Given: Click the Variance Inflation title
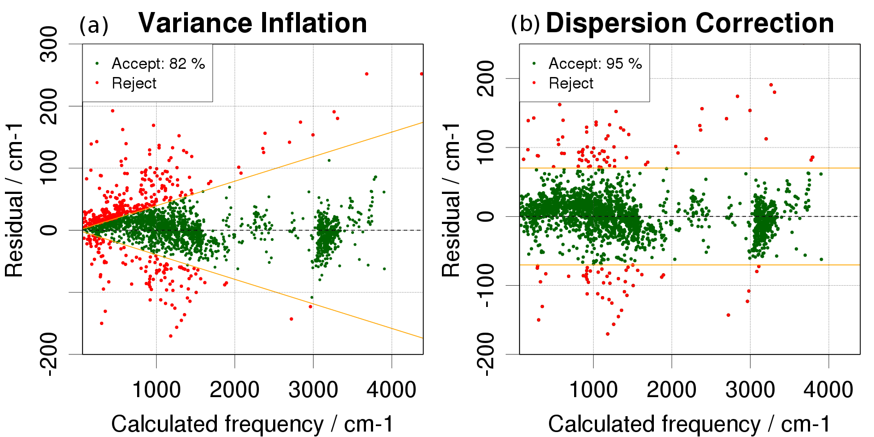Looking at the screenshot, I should point(252,23).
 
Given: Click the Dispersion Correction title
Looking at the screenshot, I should point(689,23).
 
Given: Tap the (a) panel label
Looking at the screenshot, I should point(94,25).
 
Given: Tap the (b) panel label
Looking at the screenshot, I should point(525,23).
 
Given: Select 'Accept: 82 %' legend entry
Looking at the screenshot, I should point(158,64).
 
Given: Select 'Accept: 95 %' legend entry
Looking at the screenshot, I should point(595,64).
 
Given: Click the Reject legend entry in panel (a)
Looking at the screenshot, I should point(134,84).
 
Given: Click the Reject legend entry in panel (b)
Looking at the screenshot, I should point(571,84).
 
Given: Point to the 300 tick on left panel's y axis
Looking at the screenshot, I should point(49,44).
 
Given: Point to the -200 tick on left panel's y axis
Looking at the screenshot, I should point(49,354).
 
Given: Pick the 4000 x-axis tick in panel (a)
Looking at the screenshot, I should point(391,390).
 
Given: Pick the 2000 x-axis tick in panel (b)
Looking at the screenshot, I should point(671,390).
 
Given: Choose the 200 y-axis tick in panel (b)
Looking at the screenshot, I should point(486,79).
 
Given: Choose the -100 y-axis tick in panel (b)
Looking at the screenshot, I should point(486,285).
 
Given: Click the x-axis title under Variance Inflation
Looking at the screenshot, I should point(252,424).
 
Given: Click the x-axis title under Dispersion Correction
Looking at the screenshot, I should point(689,424).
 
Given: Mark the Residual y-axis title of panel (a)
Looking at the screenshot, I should point(15,199).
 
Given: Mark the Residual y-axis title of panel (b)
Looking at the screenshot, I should point(452,199).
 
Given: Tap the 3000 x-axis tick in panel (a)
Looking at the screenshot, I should point(313,390).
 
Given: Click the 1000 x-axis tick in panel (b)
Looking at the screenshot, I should point(593,390).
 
